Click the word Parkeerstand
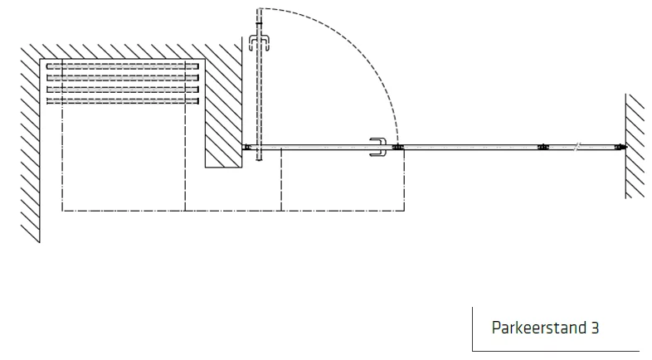(x=539, y=328)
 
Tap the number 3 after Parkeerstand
(x=595, y=328)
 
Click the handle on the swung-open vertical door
(x=259, y=42)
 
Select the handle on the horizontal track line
(x=378, y=147)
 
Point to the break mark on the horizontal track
(x=577, y=147)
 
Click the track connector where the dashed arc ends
(x=398, y=147)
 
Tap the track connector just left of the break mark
(x=543, y=147)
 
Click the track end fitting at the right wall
(x=621, y=147)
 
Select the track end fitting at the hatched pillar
(x=247, y=147)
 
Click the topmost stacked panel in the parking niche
(x=123, y=66)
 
